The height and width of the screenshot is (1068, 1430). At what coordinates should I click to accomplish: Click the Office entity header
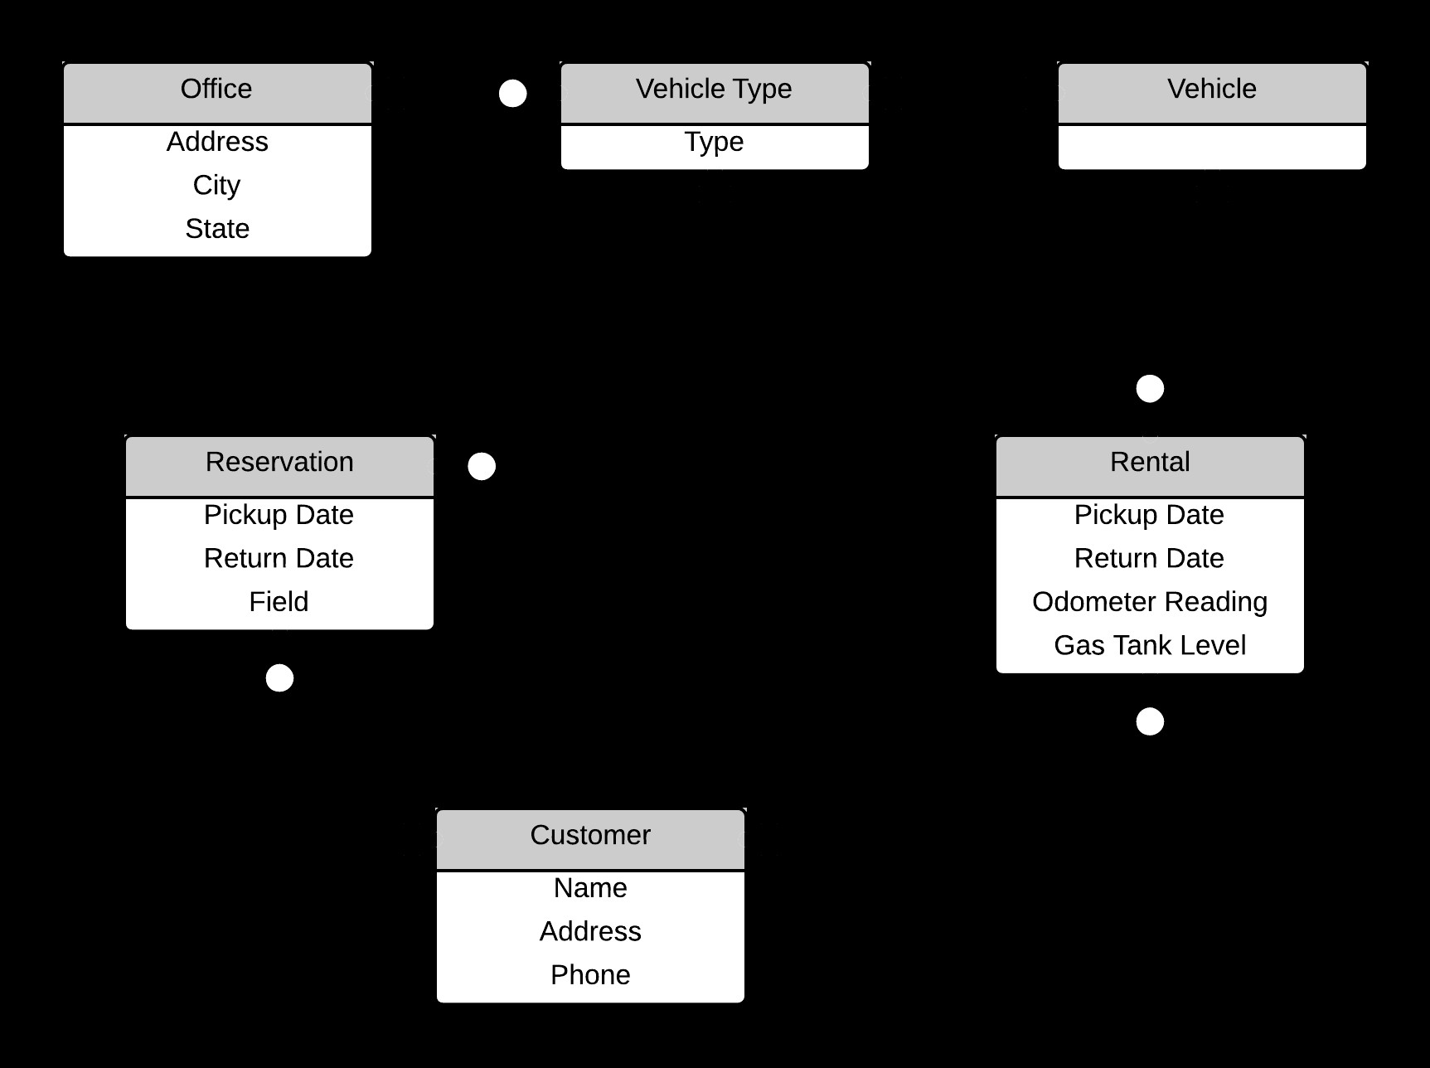click(217, 90)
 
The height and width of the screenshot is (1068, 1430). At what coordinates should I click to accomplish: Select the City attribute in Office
click(217, 185)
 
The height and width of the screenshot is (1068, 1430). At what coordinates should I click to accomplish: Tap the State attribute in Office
click(217, 229)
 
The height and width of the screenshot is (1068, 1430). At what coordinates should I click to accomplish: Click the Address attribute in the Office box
click(217, 142)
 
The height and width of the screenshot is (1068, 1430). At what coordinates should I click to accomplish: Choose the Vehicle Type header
click(714, 90)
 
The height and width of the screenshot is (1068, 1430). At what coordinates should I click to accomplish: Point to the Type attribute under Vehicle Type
click(714, 143)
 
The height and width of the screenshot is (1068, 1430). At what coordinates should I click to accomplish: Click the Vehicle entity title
click(1212, 90)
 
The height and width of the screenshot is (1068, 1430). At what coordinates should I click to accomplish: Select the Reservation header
click(279, 462)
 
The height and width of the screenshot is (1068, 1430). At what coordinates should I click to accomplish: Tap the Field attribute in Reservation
click(279, 602)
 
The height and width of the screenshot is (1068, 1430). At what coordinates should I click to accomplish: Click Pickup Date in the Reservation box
click(279, 515)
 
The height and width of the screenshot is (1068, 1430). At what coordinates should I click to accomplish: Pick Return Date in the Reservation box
click(279, 558)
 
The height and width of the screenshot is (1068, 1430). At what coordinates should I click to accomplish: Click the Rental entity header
click(1150, 462)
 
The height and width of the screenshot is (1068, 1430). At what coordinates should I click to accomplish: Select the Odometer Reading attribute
click(1150, 602)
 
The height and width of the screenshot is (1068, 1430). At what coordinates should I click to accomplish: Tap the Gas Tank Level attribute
click(1150, 645)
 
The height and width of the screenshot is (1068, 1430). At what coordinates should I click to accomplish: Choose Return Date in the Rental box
click(1150, 558)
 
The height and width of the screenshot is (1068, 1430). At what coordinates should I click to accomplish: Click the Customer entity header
click(590, 835)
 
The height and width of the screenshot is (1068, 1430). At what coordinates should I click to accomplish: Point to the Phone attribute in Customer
click(590, 975)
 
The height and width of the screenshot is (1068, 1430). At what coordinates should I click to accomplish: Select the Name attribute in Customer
click(590, 888)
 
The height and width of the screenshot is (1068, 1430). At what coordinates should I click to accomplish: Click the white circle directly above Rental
click(1150, 388)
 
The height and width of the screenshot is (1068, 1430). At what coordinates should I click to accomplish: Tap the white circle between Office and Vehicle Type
click(513, 94)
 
